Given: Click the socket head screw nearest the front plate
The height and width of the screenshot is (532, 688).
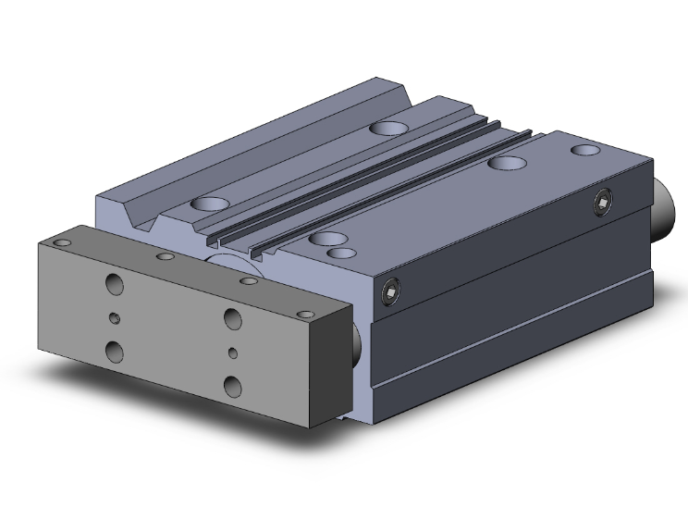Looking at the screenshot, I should click(x=390, y=295).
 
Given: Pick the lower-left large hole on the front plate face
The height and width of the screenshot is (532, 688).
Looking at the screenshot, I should click(x=115, y=351).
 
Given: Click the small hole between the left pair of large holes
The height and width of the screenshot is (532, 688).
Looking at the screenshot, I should click(x=114, y=318).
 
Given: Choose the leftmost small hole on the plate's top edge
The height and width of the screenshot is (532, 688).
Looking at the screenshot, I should click(x=63, y=242).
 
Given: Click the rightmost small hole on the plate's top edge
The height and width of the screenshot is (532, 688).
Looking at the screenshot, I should click(x=247, y=279).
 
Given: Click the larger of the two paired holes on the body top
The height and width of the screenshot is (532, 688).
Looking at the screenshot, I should click(x=326, y=239).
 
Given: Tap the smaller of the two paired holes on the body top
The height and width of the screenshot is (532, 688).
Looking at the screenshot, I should click(x=342, y=253).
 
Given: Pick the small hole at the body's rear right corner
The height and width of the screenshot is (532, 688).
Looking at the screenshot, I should click(x=584, y=149).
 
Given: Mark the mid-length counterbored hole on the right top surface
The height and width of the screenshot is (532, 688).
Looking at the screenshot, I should click(x=505, y=163).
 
